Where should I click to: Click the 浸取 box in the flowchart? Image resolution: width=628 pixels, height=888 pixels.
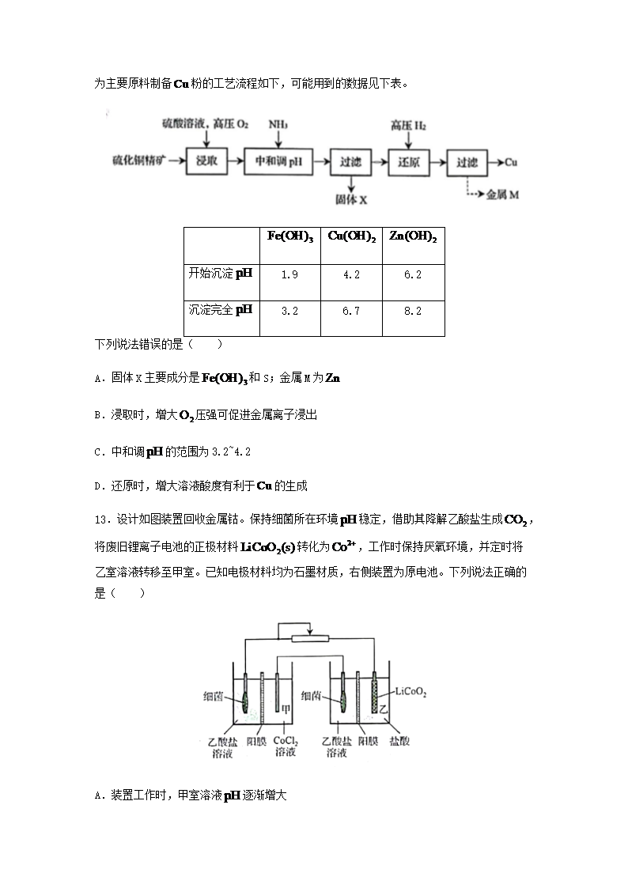206,162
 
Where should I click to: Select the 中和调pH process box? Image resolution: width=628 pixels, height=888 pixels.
274,162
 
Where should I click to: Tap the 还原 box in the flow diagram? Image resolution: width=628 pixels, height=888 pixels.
409,162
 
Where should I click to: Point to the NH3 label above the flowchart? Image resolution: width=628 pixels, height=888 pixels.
278,124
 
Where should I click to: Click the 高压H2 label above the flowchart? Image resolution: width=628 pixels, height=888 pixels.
408,124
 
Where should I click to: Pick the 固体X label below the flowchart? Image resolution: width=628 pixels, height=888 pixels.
351,200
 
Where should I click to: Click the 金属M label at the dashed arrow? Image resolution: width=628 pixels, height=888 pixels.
502,194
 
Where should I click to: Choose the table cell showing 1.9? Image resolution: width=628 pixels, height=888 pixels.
289,274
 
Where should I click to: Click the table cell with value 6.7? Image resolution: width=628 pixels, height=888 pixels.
351,311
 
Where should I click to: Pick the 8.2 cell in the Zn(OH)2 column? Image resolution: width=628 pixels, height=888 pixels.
413,311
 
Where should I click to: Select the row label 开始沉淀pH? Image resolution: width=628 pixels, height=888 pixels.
221,274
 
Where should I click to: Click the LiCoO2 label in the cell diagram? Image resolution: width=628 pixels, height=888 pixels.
410,693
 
